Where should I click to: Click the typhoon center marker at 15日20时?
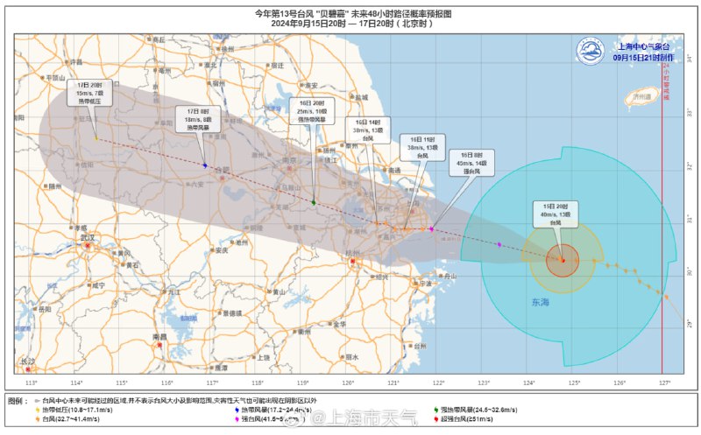(x=562, y=259)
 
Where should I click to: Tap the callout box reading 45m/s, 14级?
(x=473, y=163)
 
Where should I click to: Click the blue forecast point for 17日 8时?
(x=204, y=165)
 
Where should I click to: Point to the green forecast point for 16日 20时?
(x=314, y=202)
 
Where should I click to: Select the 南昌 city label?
(x=159, y=336)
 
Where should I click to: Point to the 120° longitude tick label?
(x=348, y=382)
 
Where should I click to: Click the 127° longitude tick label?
(x=665, y=382)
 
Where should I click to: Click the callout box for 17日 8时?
(x=202, y=119)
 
